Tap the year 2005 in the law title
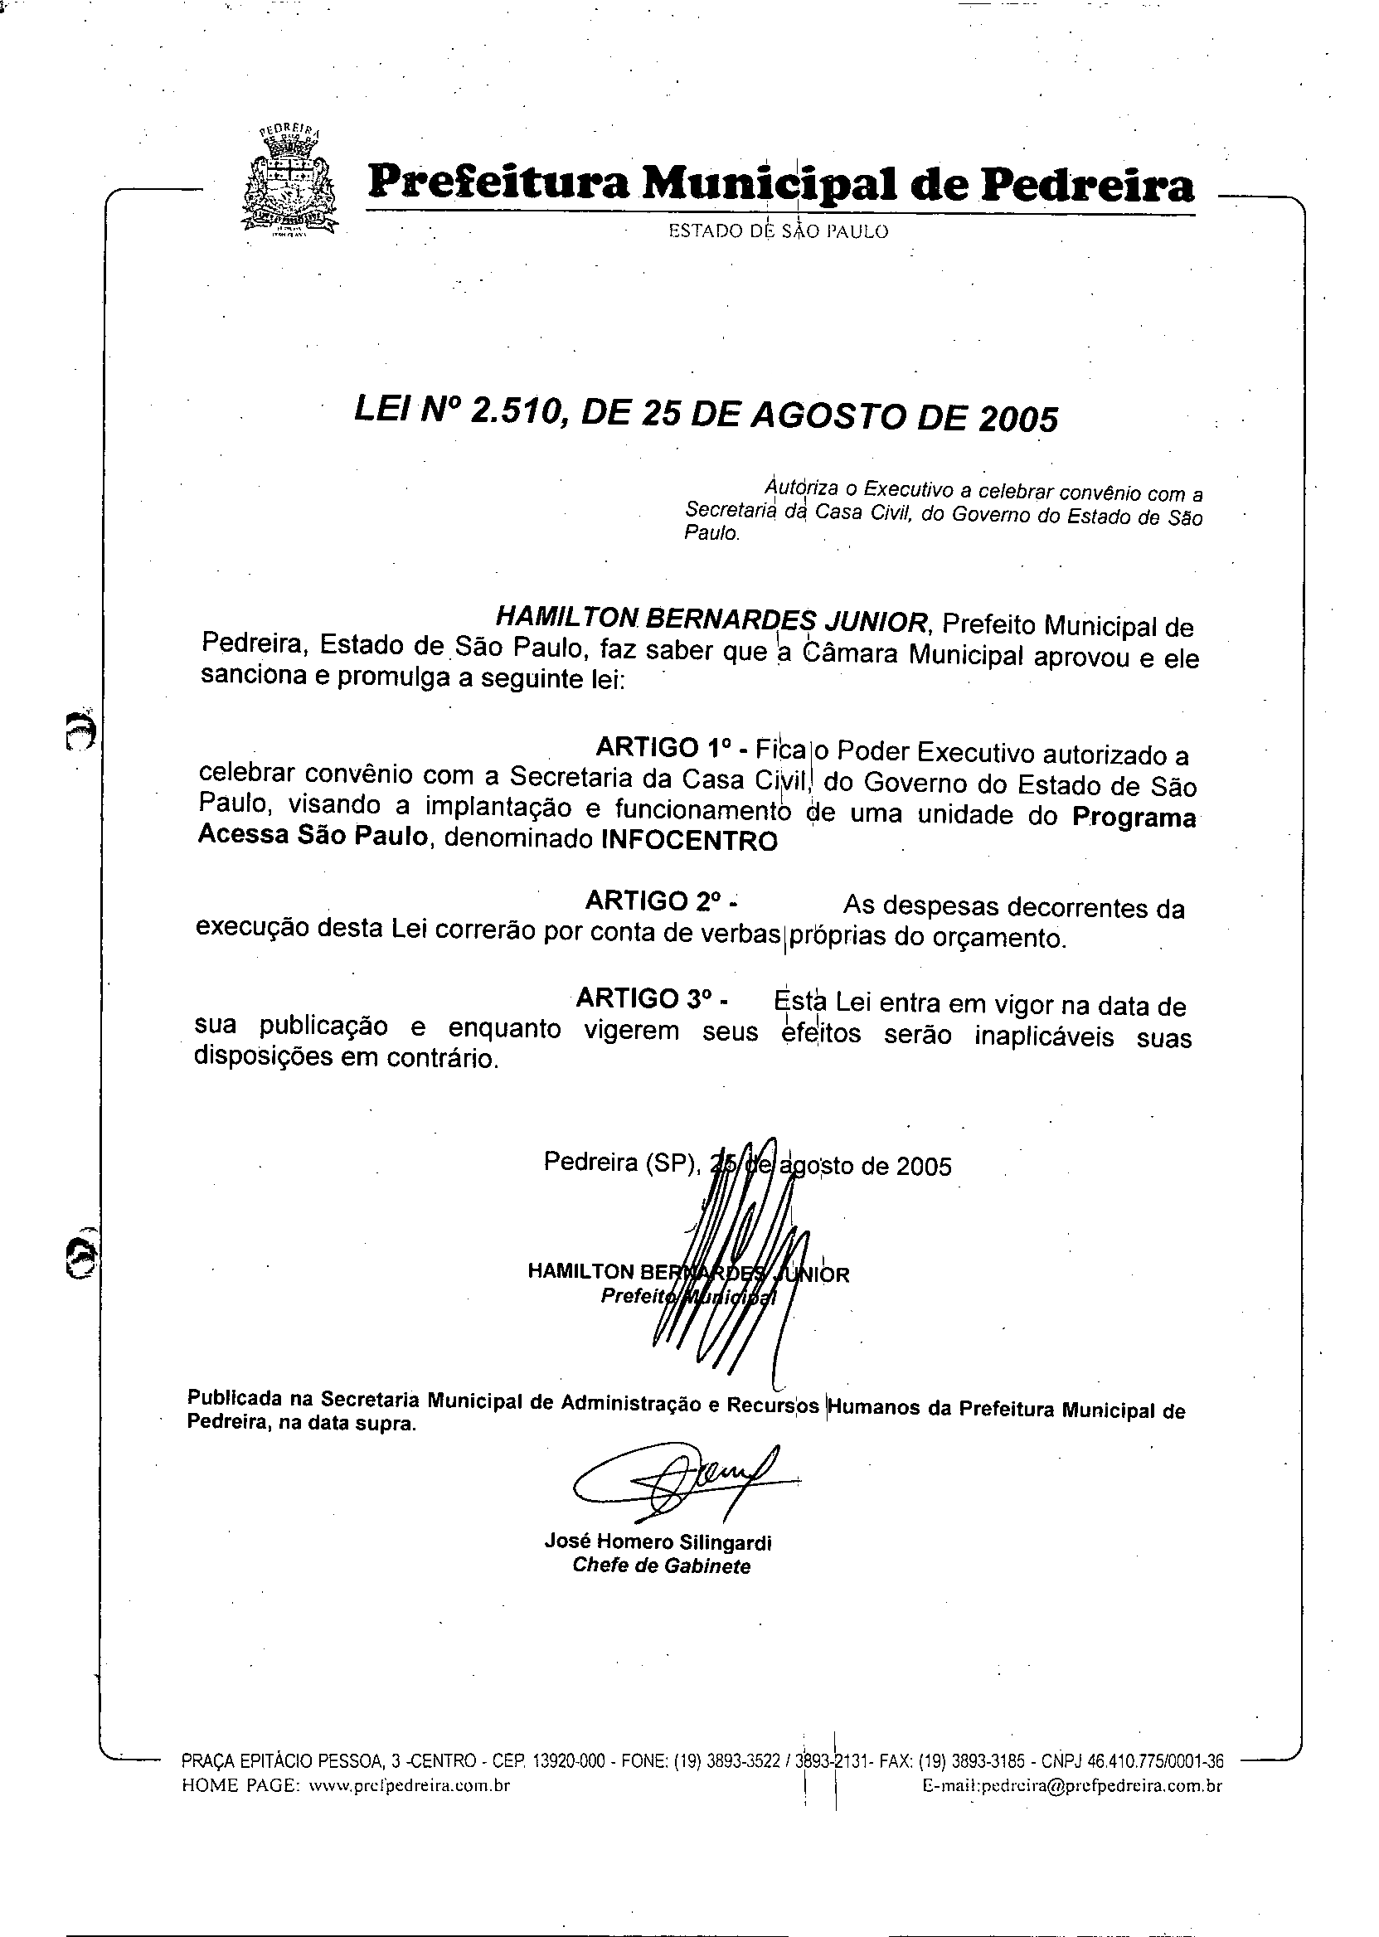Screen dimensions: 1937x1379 coord(1018,418)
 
